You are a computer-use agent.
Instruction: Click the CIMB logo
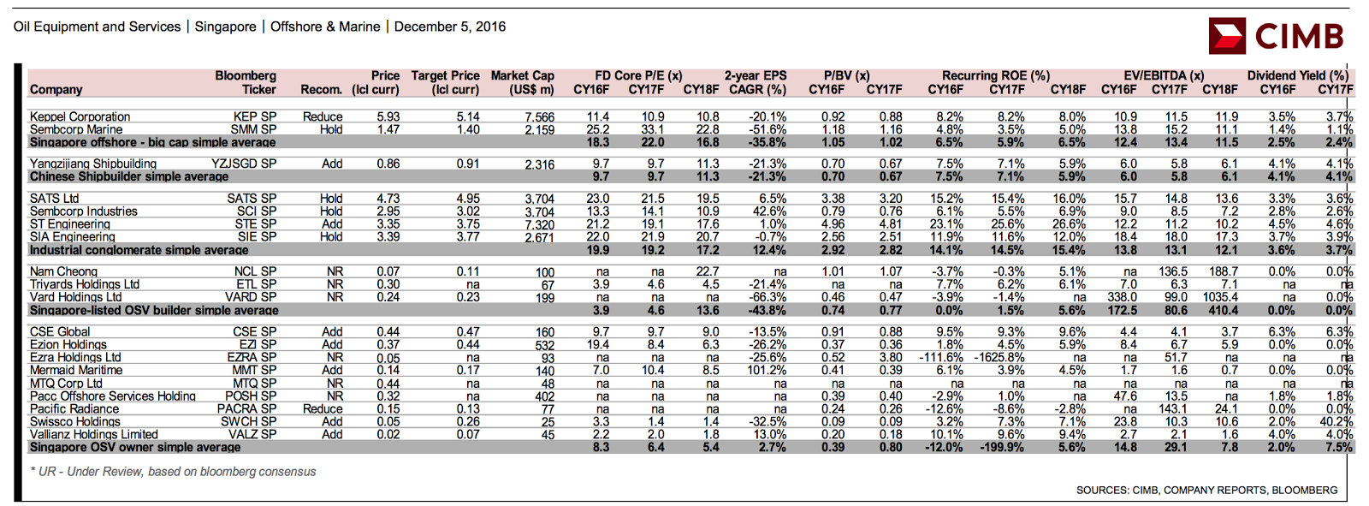(x=1276, y=36)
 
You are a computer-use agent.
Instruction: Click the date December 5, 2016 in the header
(x=450, y=27)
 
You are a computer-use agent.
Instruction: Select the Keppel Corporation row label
(x=80, y=116)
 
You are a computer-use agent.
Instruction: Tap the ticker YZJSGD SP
(x=244, y=164)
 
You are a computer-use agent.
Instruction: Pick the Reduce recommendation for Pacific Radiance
(x=323, y=408)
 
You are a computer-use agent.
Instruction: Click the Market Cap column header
(x=523, y=82)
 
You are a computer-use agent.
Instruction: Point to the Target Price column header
(x=445, y=82)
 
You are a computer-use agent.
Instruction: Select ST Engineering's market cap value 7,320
(x=539, y=224)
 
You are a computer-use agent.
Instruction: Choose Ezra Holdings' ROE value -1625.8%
(x=1000, y=357)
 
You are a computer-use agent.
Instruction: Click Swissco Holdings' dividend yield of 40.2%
(x=1336, y=421)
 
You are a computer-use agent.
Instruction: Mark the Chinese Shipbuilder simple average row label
(x=129, y=177)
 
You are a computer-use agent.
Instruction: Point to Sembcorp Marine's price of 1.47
(x=388, y=130)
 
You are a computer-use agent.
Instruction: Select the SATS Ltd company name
(x=54, y=199)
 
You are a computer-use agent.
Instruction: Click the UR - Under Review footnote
(x=173, y=472)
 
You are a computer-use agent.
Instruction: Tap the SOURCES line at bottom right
(x=1207, y=490)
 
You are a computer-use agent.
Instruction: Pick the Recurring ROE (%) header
(x=996, y=76)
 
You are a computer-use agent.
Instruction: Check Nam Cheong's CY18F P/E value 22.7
(x=707, y=271)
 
